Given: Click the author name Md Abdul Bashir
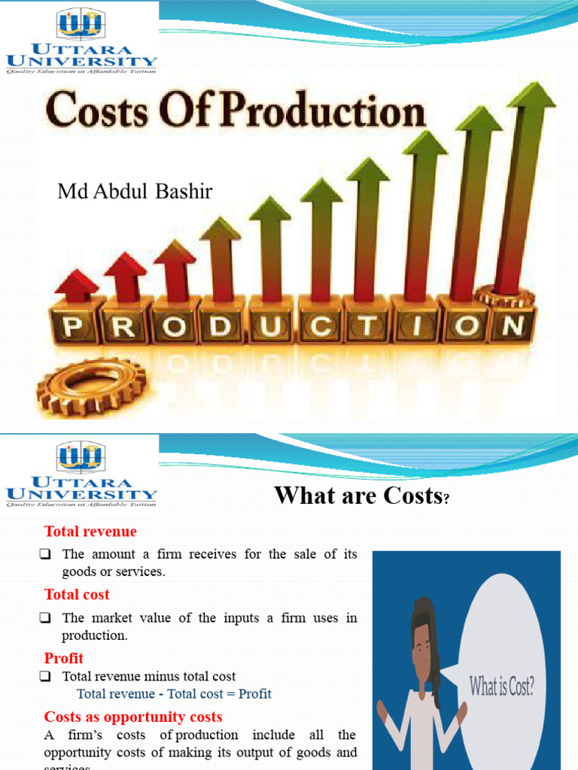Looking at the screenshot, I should (135, 192).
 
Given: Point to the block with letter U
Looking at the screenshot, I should (272, 326).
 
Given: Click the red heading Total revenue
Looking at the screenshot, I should (90, 532).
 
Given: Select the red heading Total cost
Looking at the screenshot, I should (77, 594).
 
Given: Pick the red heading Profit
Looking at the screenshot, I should (64, 658).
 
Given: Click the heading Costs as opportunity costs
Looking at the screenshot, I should (133, 717).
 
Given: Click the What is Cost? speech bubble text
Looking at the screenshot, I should (502, 686).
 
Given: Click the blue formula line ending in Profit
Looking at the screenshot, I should (174, 693).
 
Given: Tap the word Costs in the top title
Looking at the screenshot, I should (98, 113).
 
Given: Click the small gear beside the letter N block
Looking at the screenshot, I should (503, 295).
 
